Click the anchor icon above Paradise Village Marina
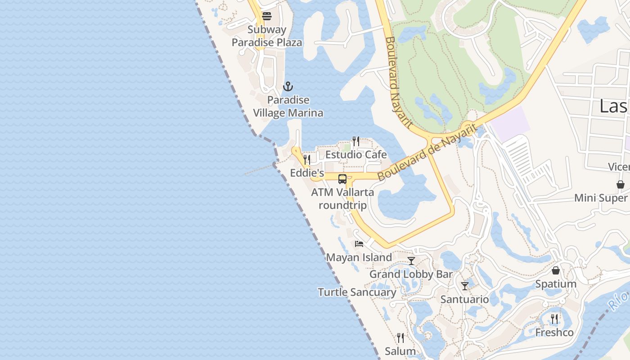tap(288, 86)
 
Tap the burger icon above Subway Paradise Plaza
tap(267, 17)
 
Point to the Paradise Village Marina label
tap(288, 106)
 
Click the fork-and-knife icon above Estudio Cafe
tap(355, 141)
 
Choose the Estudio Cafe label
tap(356, 155)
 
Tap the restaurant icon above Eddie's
tap(307, 159)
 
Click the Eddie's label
tap(307, 173)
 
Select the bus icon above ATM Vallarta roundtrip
tap(342, 179)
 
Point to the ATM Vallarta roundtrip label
tap(342, 199)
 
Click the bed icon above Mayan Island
tap(359, 244)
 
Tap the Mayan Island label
tap(359, 257)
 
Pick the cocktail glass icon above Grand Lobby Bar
tap(411, 261)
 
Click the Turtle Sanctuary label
tap(357, 292)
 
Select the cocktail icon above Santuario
tap(465, 286)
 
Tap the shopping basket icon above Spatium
tap(556, 270)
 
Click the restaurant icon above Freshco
tap(554, 319)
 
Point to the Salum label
tap(400, 351)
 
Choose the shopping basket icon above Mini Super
tap(621, 184)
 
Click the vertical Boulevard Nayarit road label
tap(399, 83)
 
